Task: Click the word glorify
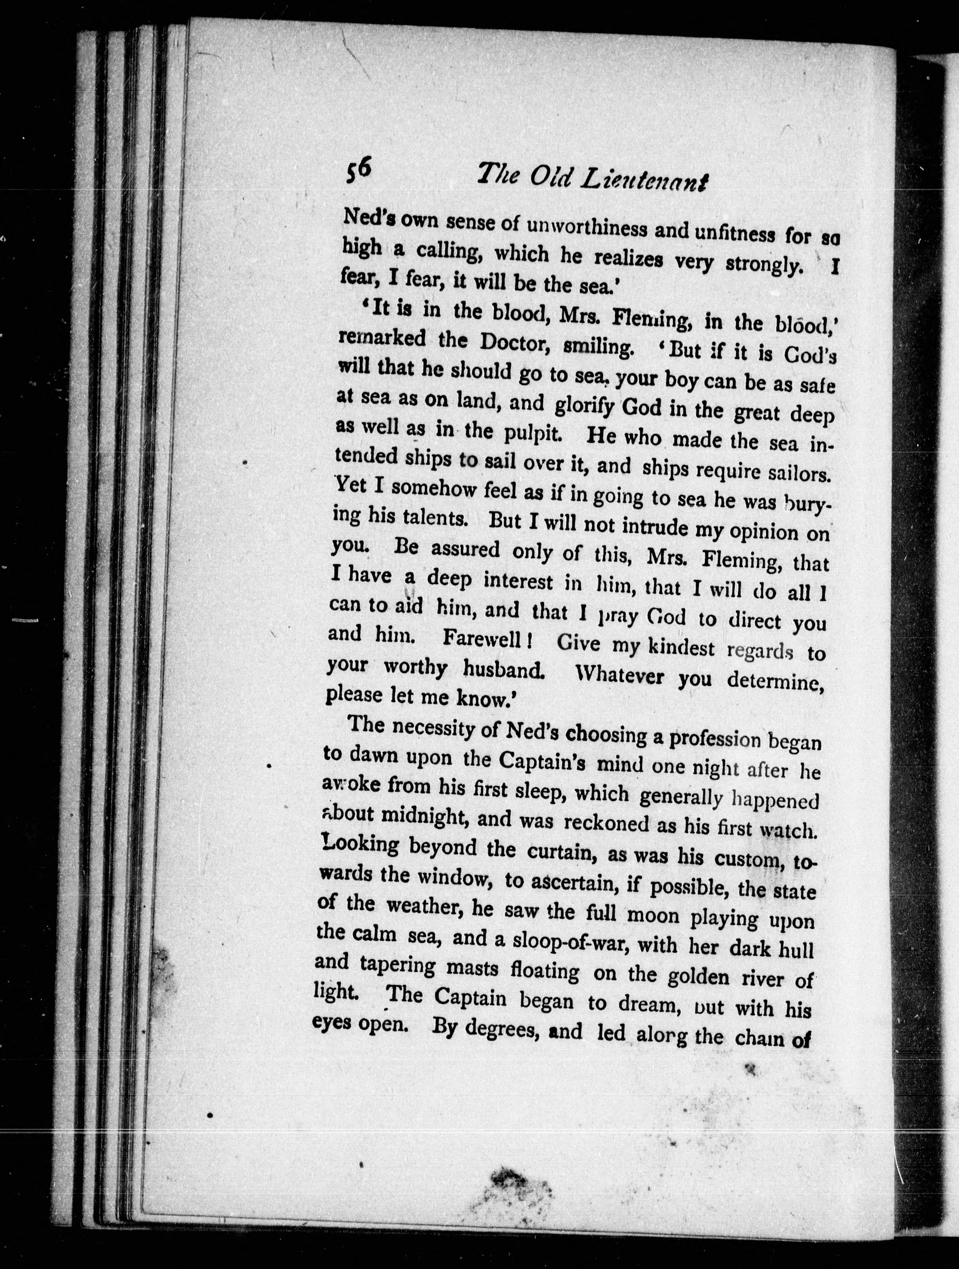(x=586, y=406)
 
